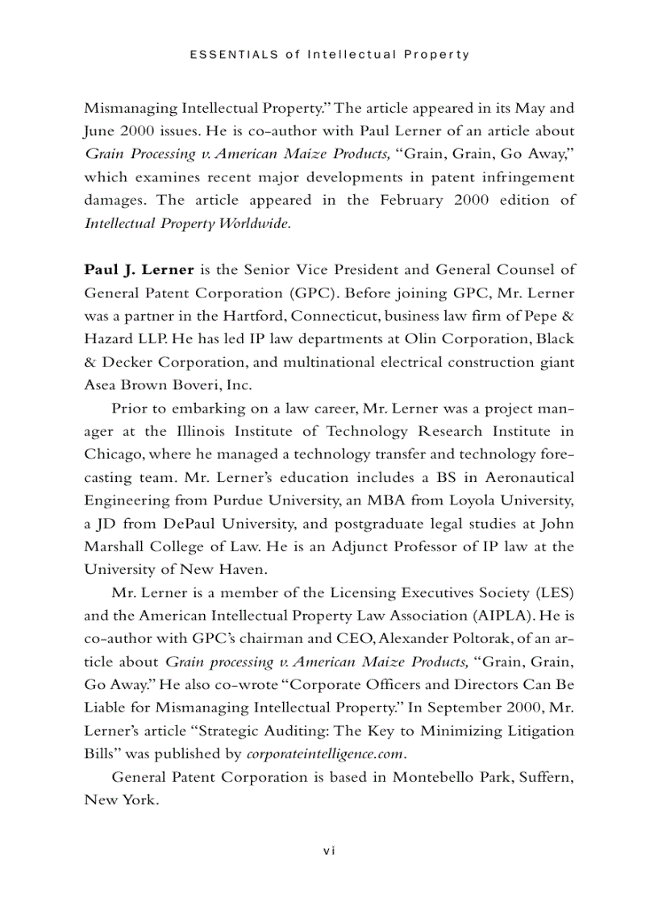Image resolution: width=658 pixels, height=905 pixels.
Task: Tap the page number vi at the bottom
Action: (328, 851)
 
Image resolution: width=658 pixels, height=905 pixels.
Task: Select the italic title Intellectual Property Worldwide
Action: (187, 223)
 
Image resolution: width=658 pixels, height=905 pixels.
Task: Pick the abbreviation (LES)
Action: (554, 593)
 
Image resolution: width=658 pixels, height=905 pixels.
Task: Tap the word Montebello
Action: (435, 778)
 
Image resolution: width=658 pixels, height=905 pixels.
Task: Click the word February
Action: (412, 200)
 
